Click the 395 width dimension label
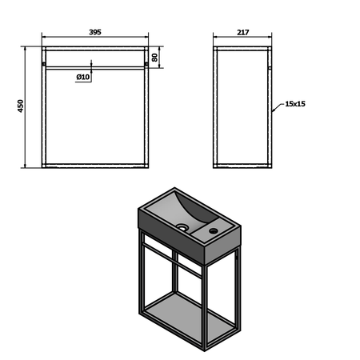[x=95, y=32]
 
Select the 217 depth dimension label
[x=243, y=32]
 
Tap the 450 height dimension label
[x=21, y=106]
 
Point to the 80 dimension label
[x=154, y=58]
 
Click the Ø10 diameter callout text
[x=83, y=77]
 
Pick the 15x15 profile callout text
[x=295, y=104]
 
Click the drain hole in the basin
[x=182, y=227]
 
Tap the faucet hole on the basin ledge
[x=214, y=231]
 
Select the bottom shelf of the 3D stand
[x=190, y=318]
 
